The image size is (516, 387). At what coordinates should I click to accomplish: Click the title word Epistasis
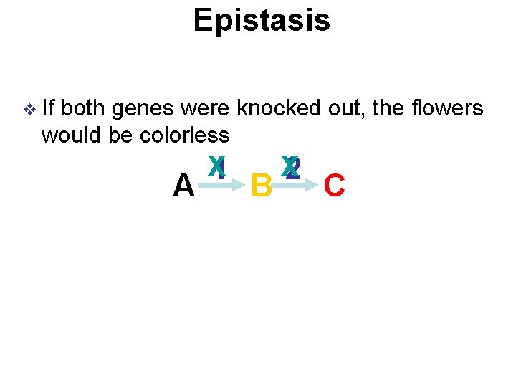tap(262, 21)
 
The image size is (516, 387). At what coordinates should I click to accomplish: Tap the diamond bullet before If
tap(29, 110)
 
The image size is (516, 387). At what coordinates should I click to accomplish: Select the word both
tap(85, 109)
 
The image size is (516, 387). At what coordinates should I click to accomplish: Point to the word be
tap(122, 134)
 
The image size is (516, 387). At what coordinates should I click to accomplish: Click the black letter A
tap(183, 187)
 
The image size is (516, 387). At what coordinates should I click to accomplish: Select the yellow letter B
tap(261, 187)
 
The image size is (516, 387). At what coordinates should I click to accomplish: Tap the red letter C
tap(335, 187)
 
